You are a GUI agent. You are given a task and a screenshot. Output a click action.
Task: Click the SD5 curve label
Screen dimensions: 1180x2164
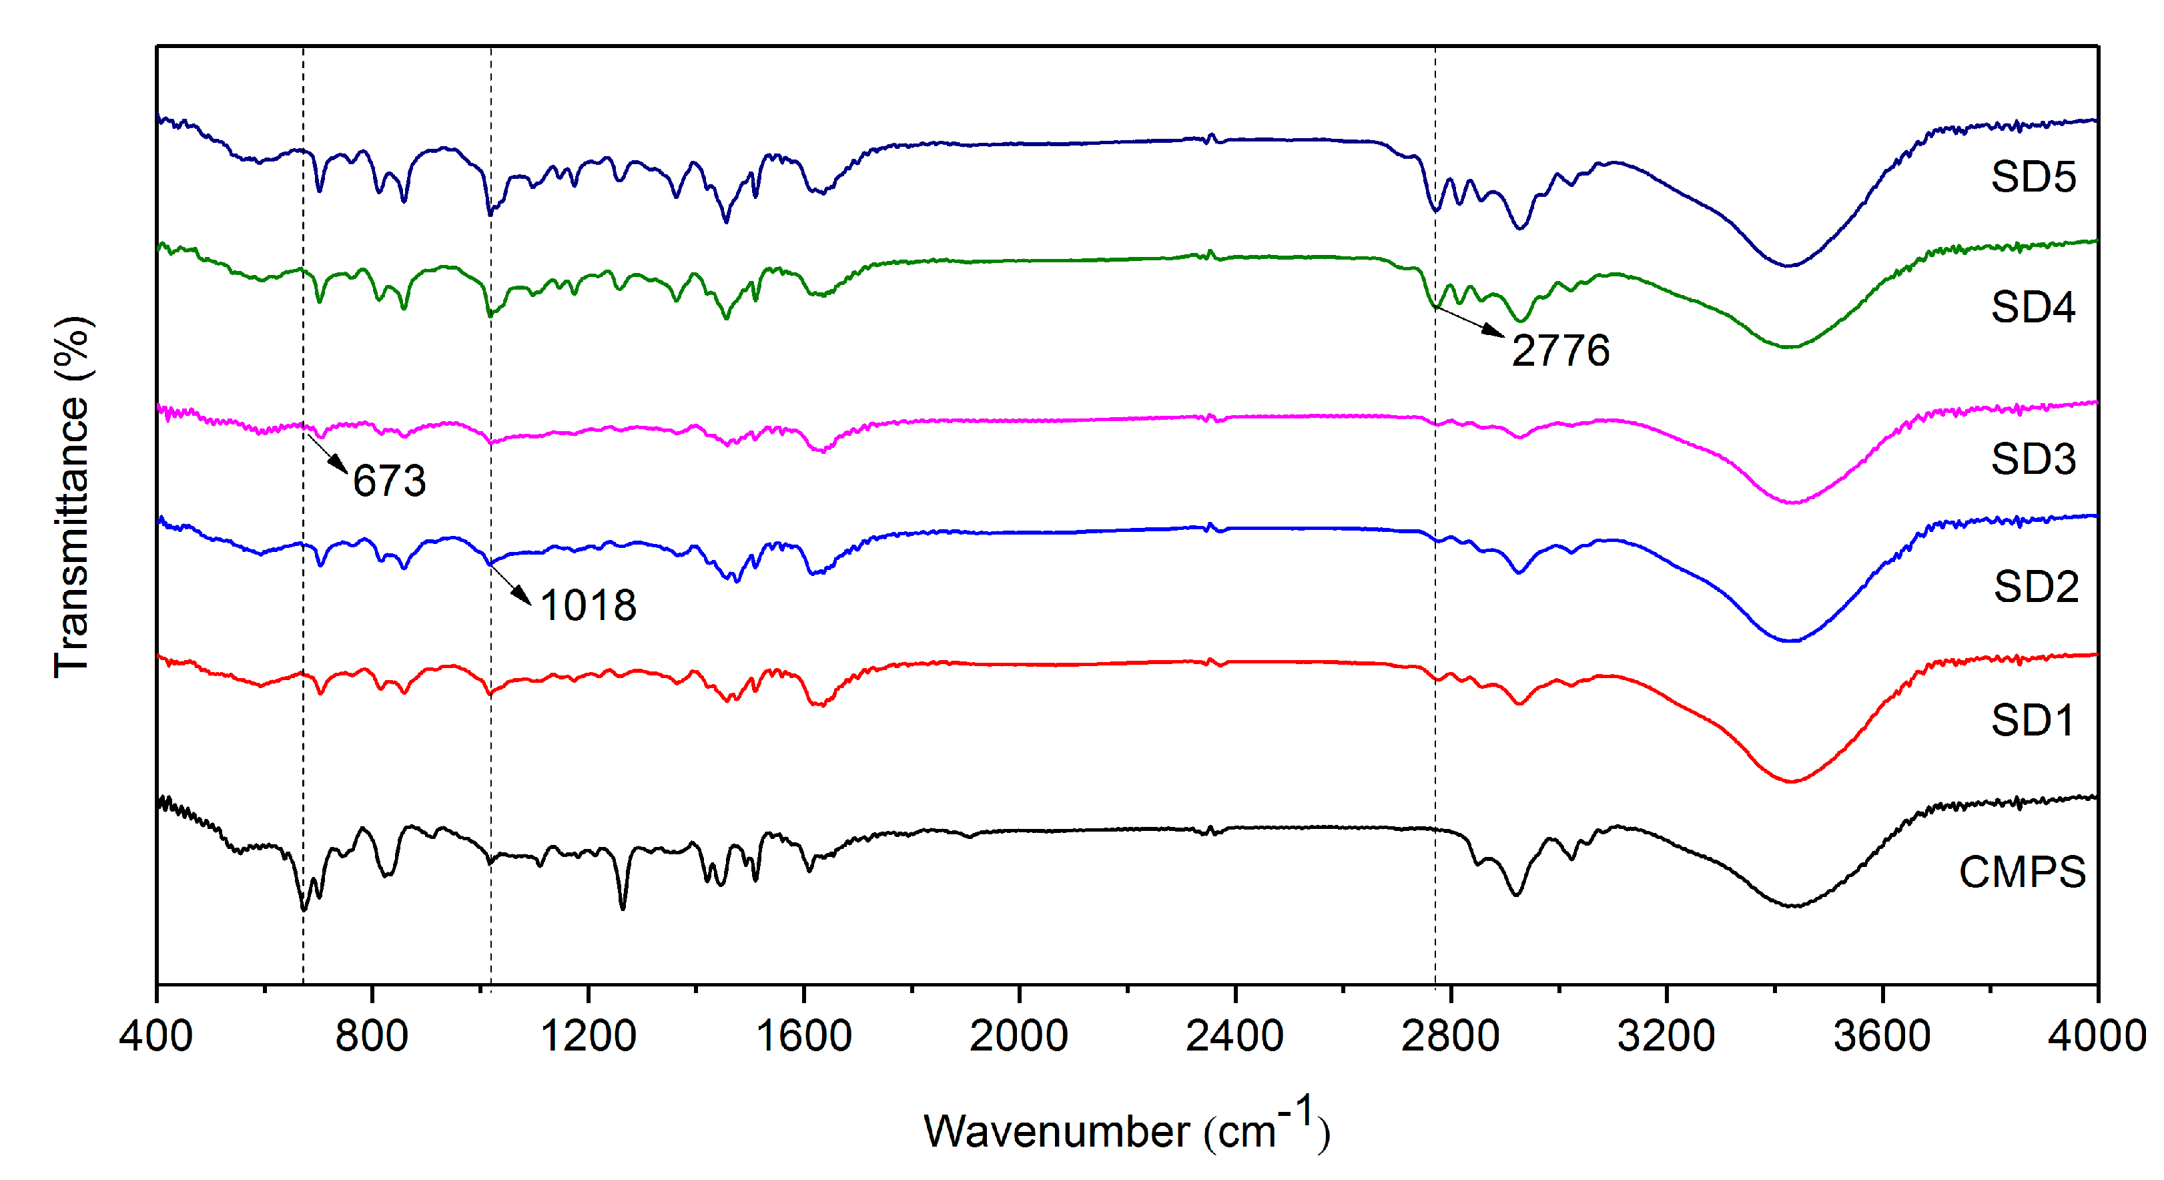coord(2033,178)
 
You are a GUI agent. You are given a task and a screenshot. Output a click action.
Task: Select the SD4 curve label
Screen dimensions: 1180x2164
coord(2033,308)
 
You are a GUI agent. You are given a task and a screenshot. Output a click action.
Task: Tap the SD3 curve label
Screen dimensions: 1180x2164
coord(2033,459)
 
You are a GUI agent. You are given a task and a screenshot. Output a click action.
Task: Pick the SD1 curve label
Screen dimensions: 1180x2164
coord(2033,720)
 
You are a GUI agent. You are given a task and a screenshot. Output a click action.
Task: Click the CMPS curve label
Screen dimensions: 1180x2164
coord(2022,872)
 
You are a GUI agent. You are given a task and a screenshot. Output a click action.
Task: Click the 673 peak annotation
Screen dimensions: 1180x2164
coord(389,481)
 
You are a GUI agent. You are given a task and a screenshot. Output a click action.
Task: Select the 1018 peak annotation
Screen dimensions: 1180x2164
coord(588,606)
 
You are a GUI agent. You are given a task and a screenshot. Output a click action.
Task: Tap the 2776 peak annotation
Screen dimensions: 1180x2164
coord(1560,350)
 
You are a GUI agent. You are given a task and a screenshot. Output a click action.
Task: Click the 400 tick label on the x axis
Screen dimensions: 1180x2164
coord(156,1035)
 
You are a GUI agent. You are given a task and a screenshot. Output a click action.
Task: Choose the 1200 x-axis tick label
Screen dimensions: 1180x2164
coord(588,1035)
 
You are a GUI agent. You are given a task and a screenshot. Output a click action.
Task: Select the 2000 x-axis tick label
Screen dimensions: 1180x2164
coord(1019,1035)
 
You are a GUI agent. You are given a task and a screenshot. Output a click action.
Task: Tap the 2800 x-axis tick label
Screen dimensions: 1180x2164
coord(1451,1035)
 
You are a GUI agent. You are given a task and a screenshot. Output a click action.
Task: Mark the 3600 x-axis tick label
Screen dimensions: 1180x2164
coord(1882,1035)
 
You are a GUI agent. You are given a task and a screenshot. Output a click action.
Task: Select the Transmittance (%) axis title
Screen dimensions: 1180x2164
coord(72,497)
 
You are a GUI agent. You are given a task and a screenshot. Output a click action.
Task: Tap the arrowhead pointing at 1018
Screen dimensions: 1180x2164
coord(524,597)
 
